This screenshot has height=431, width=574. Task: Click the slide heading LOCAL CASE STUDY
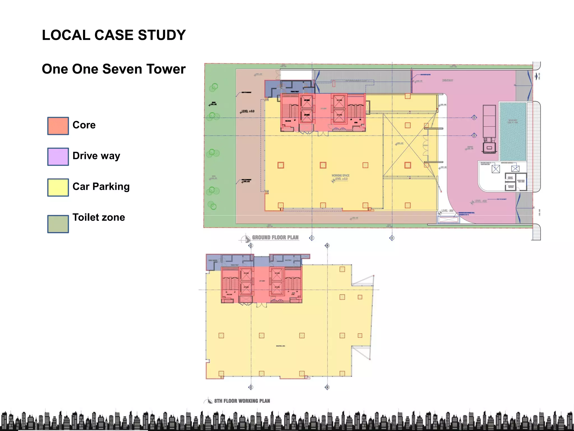[114, 35]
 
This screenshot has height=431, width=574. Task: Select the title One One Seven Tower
[114, 69]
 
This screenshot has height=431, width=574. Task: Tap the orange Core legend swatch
[58, 126]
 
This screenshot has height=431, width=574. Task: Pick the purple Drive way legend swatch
[58, 157]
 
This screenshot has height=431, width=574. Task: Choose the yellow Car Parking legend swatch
[58, 187]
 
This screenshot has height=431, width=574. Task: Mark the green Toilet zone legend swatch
[58, 224]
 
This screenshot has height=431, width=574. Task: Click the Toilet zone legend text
[99, 217]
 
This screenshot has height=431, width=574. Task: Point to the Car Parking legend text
[101, 187]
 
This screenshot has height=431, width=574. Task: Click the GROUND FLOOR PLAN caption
[275, 238]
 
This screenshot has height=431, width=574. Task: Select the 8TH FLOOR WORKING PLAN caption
[242, 401]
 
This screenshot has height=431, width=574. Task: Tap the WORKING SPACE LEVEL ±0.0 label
[341, 177]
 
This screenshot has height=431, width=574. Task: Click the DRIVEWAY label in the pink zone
[448, 81]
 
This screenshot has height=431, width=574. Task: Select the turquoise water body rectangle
[513, 131]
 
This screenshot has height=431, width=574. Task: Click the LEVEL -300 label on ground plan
[447, 211]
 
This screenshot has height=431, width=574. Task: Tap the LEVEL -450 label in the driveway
[480, 201]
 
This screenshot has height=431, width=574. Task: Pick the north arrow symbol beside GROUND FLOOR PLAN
[246, 239]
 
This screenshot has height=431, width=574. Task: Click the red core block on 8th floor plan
[261, 285]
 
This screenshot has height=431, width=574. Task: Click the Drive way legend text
[96, 156]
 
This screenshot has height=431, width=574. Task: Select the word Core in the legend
[84, 125]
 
